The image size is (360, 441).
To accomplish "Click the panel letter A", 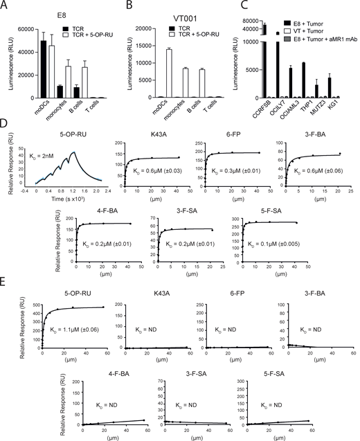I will (x=6, y=6).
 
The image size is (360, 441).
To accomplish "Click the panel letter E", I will (x=6, y=300).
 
